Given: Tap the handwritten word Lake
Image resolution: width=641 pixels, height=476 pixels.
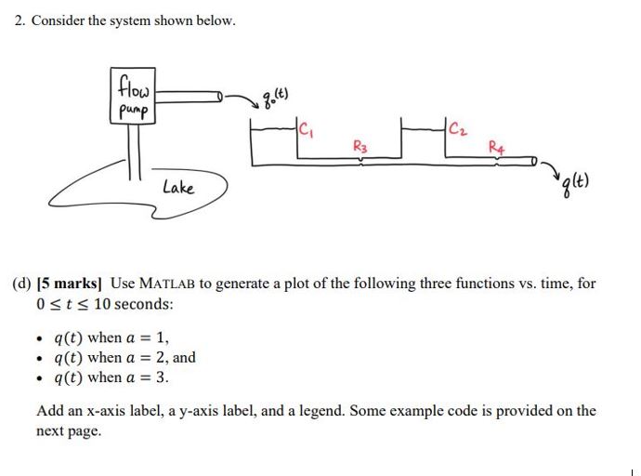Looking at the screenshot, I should (177, 188).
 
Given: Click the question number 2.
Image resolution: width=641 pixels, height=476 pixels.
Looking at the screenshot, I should (20, 20).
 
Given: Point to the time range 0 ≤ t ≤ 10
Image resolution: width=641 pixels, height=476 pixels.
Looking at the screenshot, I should (74, 304).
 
